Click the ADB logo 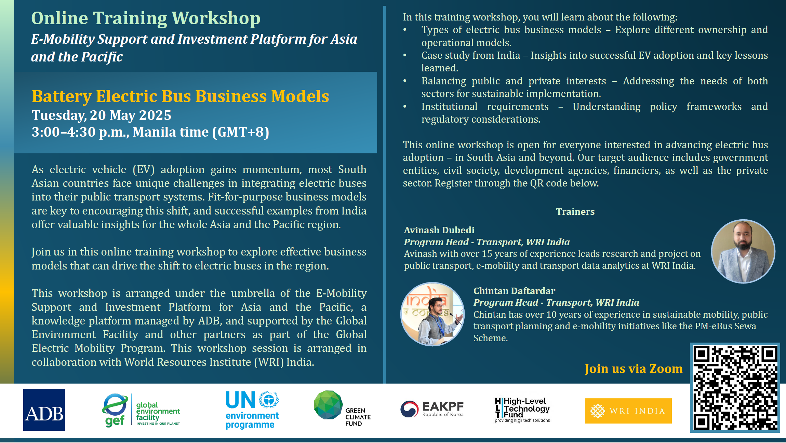(x=44, y=410)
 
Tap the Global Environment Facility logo (x=141, y=410)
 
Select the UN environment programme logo (x=252, y=410)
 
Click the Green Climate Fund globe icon (x=328, y=405)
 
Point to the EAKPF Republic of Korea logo (x=432, y=409)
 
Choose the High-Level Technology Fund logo (x=522, y=410)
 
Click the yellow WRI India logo (x=628, y=411)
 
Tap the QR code (x=735, y=388)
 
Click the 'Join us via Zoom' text (x=634, y=369)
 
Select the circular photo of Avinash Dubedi (x=743, y=251)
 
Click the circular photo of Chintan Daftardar (x=432, y=314)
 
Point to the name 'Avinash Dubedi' (x=439, y=230)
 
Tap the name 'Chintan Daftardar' (x=514, y=291)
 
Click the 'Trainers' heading (x=575, y=212)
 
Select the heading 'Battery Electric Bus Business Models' (x=180, y=96)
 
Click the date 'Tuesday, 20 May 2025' (x=102, y=115)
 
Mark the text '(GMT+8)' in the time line (x=241, y=132)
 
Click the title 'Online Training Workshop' (x=146, y=18)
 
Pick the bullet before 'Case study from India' (x=405, y=55)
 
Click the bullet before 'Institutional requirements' (x=405, y=107)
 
